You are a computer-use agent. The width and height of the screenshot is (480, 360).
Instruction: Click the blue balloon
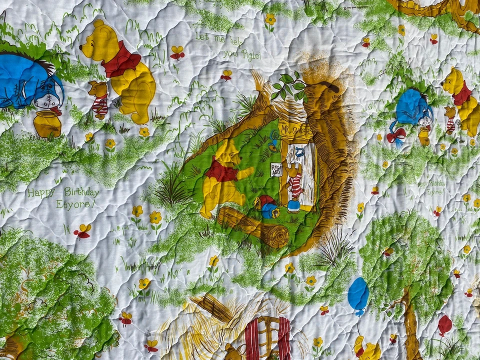coord(358,294)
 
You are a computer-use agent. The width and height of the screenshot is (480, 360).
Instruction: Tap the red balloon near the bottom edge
coord(444,325)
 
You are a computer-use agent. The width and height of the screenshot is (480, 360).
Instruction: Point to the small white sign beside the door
coord(276,169)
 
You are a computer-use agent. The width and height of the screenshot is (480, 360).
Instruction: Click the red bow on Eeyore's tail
coord(396,135)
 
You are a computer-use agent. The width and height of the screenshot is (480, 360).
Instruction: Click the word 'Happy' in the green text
coord(41,193)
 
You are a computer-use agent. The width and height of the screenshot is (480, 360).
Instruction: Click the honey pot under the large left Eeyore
coord(47,124)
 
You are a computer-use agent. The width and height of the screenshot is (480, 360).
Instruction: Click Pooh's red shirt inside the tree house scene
coord(221,171)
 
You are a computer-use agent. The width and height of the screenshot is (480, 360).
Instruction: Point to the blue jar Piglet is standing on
coord(293,206)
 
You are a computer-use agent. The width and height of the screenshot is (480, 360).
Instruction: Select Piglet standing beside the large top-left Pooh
coord(99,100)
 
